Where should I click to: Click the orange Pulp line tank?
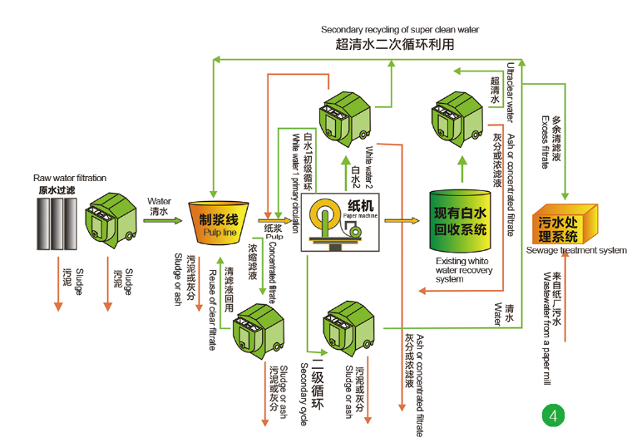coord(219,223)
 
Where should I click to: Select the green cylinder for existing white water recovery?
coord(460,221)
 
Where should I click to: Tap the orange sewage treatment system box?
coord(565,224)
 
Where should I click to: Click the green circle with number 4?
coord(553,415)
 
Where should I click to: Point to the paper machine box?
coord(340,223)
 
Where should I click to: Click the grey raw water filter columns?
coord(57,223)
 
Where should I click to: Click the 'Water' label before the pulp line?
coord(159,201)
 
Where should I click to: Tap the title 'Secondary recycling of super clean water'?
coord(400,29)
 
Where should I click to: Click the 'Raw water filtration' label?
coord(70,178)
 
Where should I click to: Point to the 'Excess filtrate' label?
coord(546,142)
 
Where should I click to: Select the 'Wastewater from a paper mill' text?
coord(547,329)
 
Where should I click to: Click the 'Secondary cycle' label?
coord(304,395)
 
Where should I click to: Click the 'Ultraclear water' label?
coord(511,92)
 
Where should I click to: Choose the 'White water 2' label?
coord(369,168)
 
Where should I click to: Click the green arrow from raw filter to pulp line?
coord(163,220)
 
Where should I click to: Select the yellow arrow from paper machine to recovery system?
coord(402,220)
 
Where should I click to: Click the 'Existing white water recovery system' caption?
coord(463,270)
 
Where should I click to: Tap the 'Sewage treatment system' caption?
coord(576,250)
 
